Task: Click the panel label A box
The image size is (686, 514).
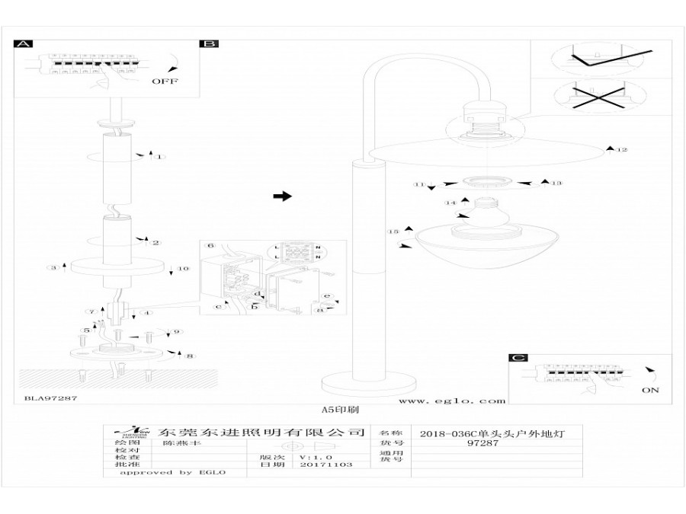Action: click(x=24, y=44)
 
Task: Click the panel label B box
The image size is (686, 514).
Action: click(x=208, y=44)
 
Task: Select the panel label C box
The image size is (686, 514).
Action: click(x=518, y=358)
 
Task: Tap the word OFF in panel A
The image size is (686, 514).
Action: click(x=165, y=81)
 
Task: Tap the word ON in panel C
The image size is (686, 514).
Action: click(x=650, y=391)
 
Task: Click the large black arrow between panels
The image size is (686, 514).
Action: click(x=282, y=196)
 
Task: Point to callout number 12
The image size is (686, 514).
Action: click(x=622, y=150)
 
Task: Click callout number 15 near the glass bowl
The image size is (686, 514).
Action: click(x=393, y=231)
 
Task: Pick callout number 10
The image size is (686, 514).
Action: click(x=182, y=270)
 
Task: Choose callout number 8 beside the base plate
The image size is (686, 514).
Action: click(x=190, y=356)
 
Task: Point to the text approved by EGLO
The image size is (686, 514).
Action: click(x=173, y=472)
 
